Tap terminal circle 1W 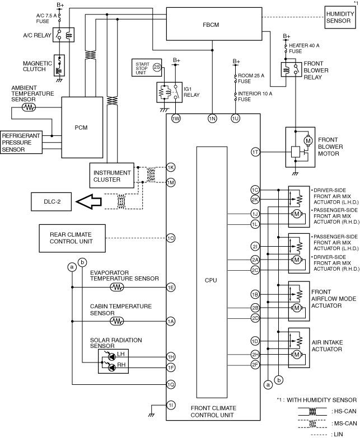tap(176, 119)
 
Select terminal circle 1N tap(212, 119)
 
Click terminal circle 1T tap(255, 152)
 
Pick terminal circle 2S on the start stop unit tap(157, 67)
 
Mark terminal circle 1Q tap(171, 385)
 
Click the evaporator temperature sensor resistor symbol tap(117, 287)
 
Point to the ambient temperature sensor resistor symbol tap(29, 107)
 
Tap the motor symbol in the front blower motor tap(308, 140)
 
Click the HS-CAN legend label tap(346, 411)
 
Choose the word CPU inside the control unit tap(211, 280)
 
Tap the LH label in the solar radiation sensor tap(121, 354)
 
